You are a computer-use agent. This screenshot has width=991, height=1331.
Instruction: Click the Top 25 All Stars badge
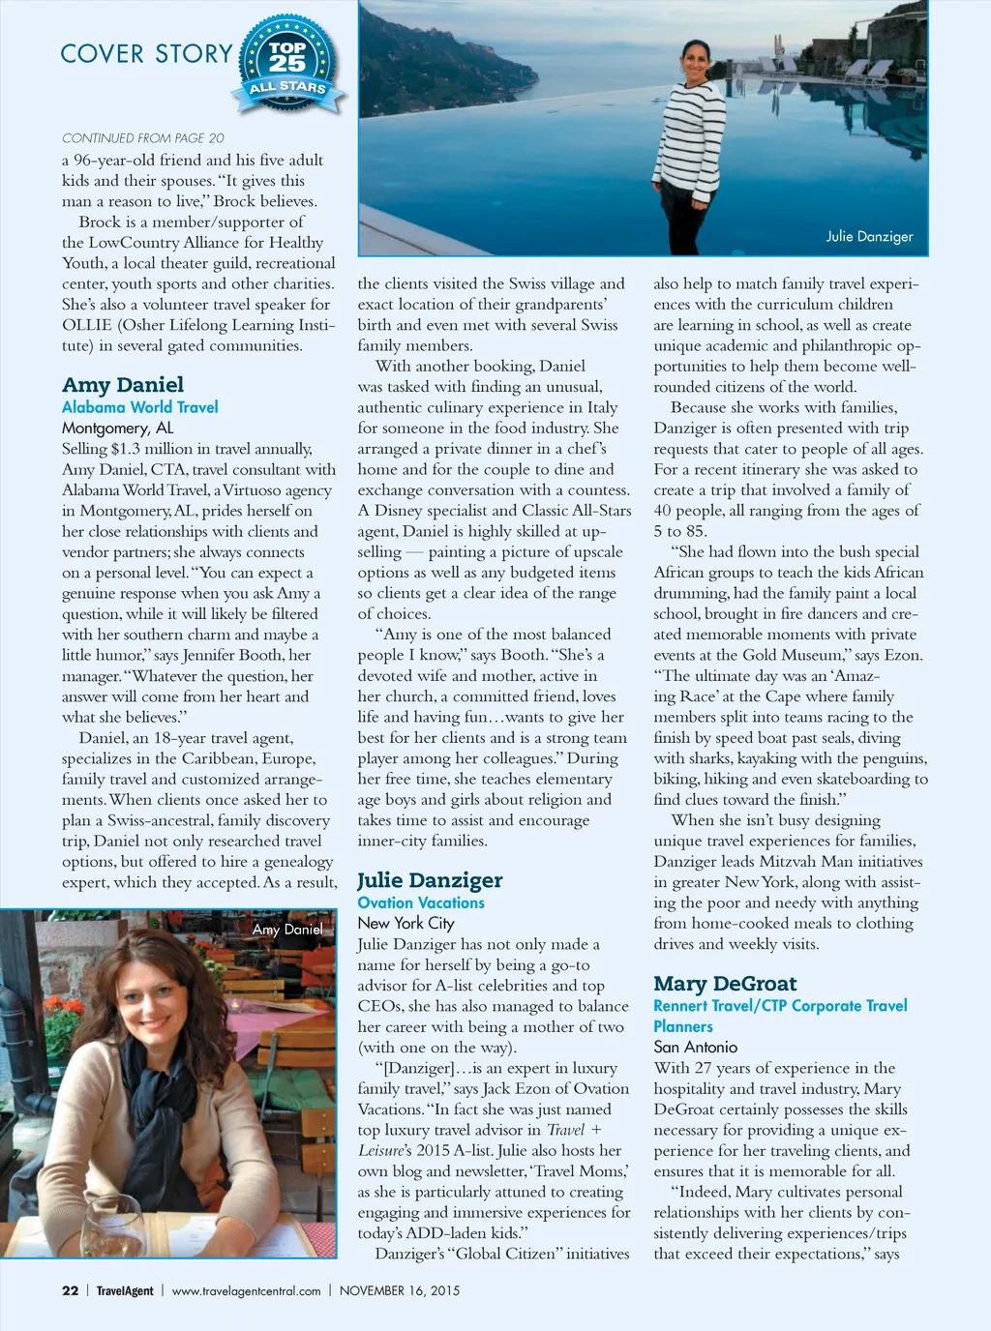pyautogui.click(x=288, y=66)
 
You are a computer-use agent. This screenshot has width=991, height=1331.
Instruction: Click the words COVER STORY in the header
pyautogui.click(x=146, y=54)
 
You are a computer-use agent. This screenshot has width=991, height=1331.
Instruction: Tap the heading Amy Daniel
pyautogui.click(x=123, y=385)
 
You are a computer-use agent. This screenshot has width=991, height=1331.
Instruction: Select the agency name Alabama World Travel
pyautogui.click(x=140, y=407)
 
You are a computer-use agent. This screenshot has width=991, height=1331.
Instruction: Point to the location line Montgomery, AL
pyautogui.click(x=118, y=428)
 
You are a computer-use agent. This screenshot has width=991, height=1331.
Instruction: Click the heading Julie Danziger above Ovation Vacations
pyautogui.click(x=430, y=880)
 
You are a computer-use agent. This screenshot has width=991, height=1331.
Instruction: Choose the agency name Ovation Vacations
pyautogui.click(x=421, y=902)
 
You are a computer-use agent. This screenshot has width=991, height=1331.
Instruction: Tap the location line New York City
pyautogui.click(x=405, y=923)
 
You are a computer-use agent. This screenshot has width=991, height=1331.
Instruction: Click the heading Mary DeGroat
pyautogui.click(x=725, y=984)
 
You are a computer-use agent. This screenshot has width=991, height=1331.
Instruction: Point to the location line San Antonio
pyautogui.click(x=695, y=1047)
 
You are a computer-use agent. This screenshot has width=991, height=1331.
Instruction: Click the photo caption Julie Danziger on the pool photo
pyautogui.click(x=869, y=236)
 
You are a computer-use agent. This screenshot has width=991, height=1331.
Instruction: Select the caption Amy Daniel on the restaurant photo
pyautogui.click(x=287, y=930)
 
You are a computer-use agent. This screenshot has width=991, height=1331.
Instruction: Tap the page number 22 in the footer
pyautogui.click(x=70, y=1290)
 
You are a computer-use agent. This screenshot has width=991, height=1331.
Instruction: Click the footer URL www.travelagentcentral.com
pyautogui.click(x=246, y=1290)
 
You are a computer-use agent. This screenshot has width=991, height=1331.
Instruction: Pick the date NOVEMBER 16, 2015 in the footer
pyautogui.click(x=400, y=1290)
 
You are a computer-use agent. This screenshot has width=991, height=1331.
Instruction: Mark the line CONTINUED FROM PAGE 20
pyautogui.click(x=143, y=138)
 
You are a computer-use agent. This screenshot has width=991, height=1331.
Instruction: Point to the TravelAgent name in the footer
pyautogui.click(x=125, y=1290)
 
